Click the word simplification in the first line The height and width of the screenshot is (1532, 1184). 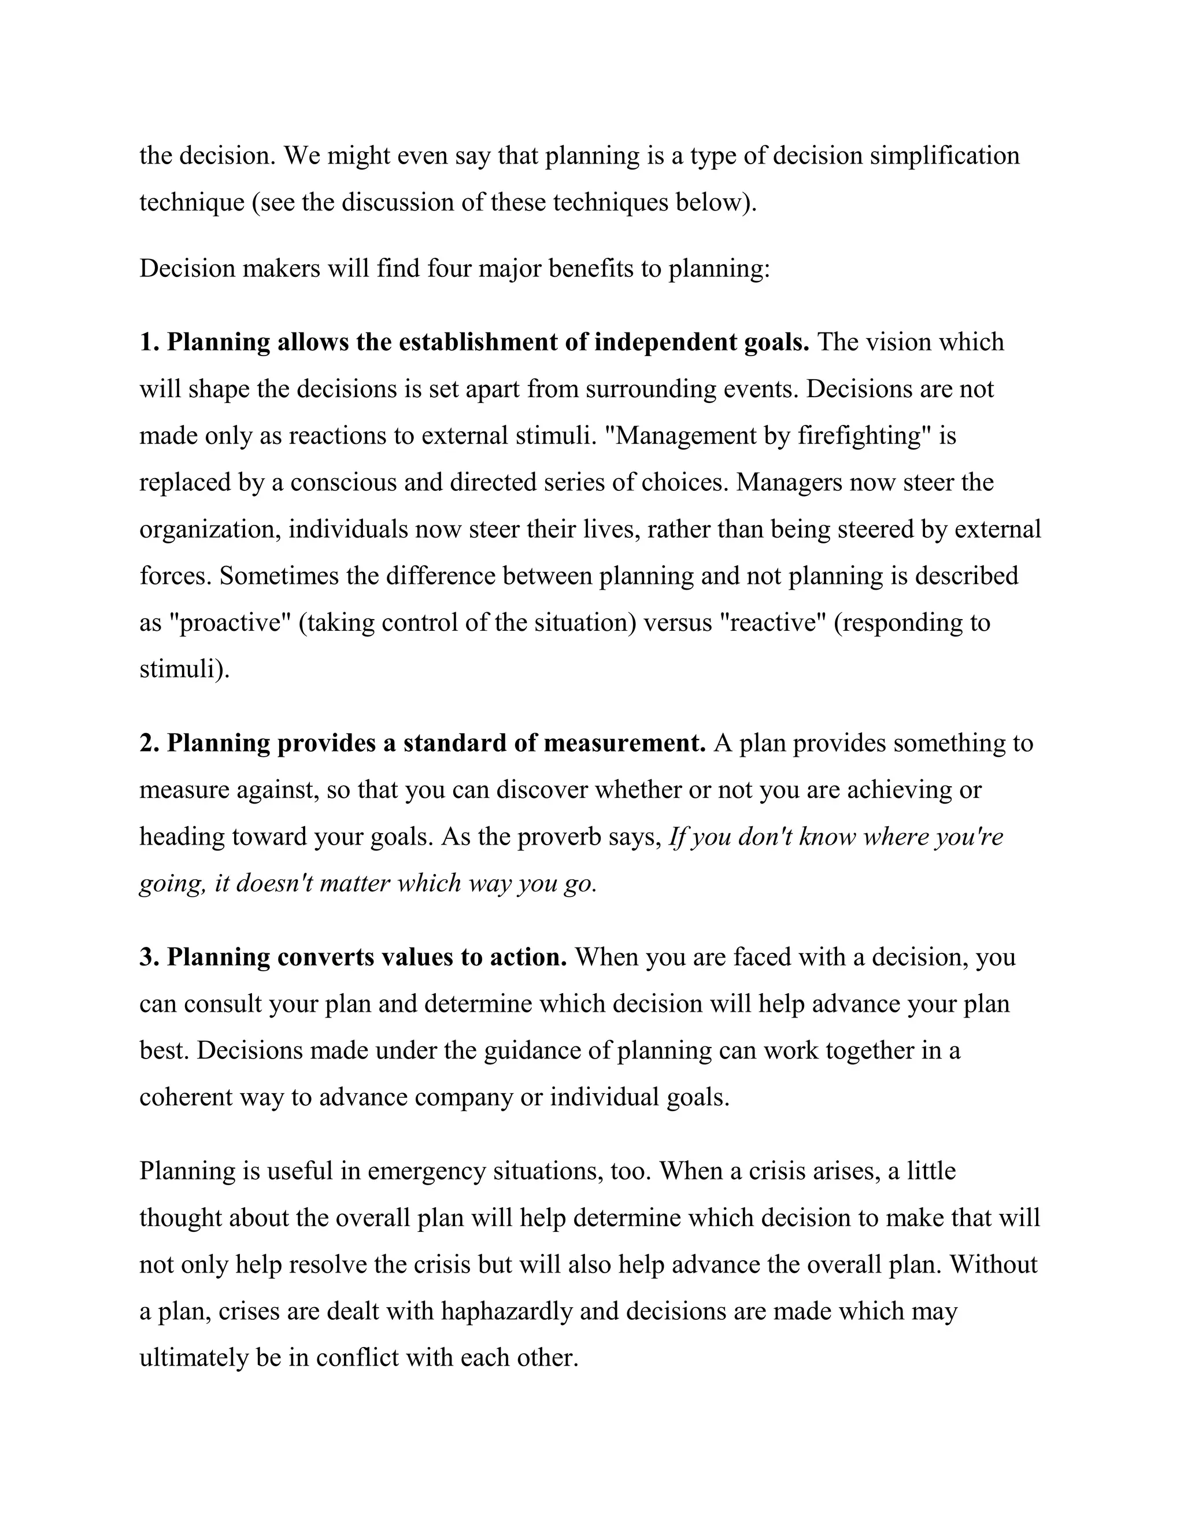pyautogui.click(x=944, y=156)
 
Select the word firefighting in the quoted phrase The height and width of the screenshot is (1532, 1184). pyautogui.click(x=862, y=436)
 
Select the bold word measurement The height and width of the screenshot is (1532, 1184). pyautogui.click(x=624, y=743)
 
